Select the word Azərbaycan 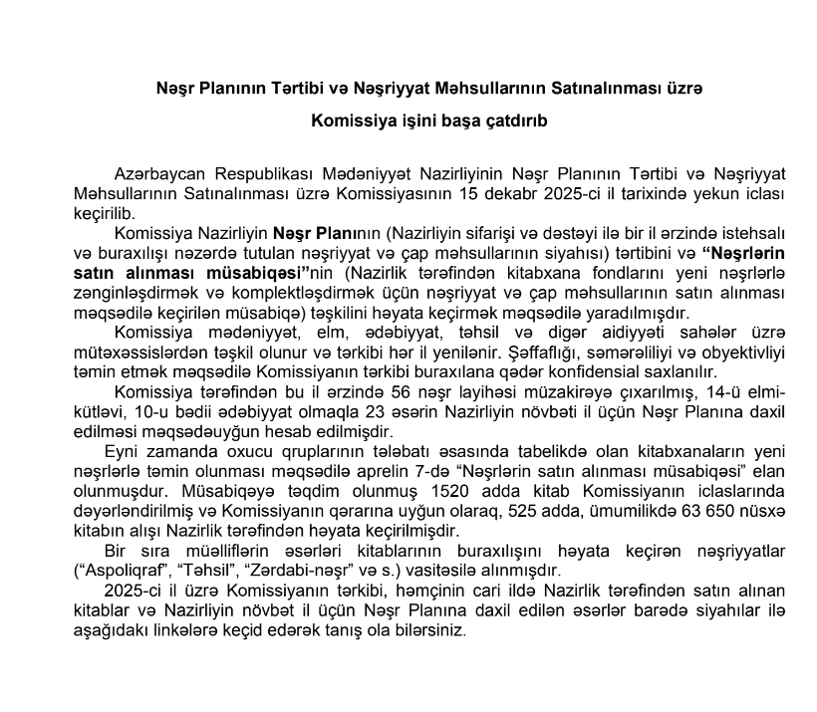[159, 175]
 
